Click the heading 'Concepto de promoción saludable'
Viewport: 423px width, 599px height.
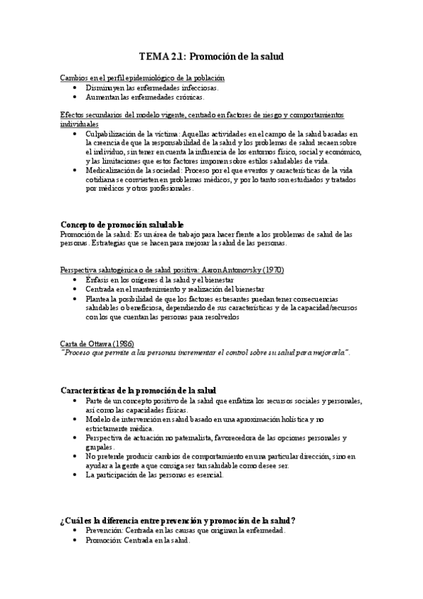(x=122, y=224)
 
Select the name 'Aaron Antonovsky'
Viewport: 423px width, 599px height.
(x=224, y=270)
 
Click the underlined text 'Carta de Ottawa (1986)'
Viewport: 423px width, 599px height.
(x=98, y=343)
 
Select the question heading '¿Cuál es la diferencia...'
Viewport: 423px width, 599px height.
(x=178, y=521)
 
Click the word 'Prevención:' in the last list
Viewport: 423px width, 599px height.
(x=104, y=530)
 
